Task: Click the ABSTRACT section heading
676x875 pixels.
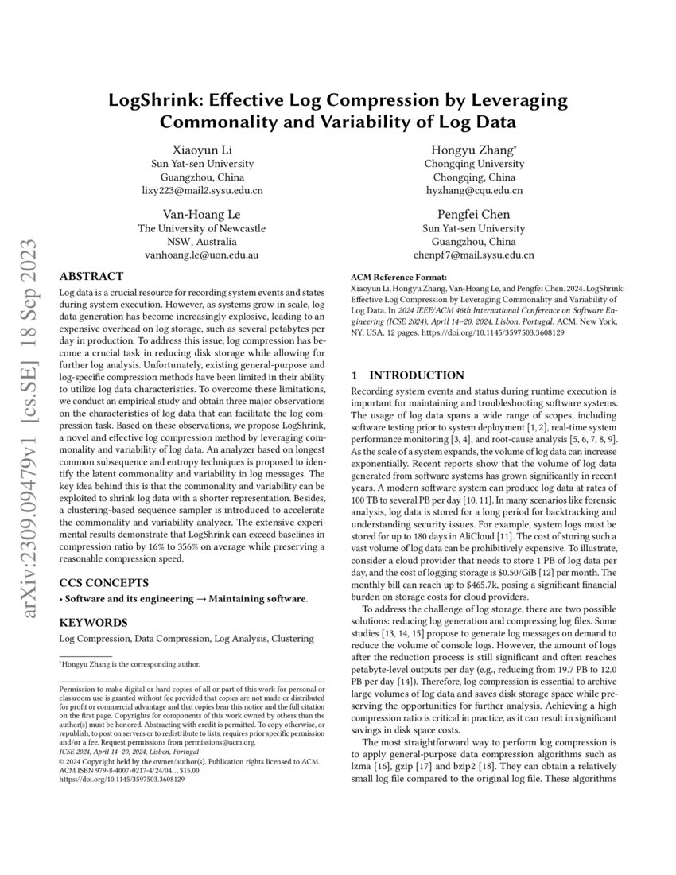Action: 92,277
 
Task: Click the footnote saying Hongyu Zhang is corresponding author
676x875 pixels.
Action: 131,663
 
